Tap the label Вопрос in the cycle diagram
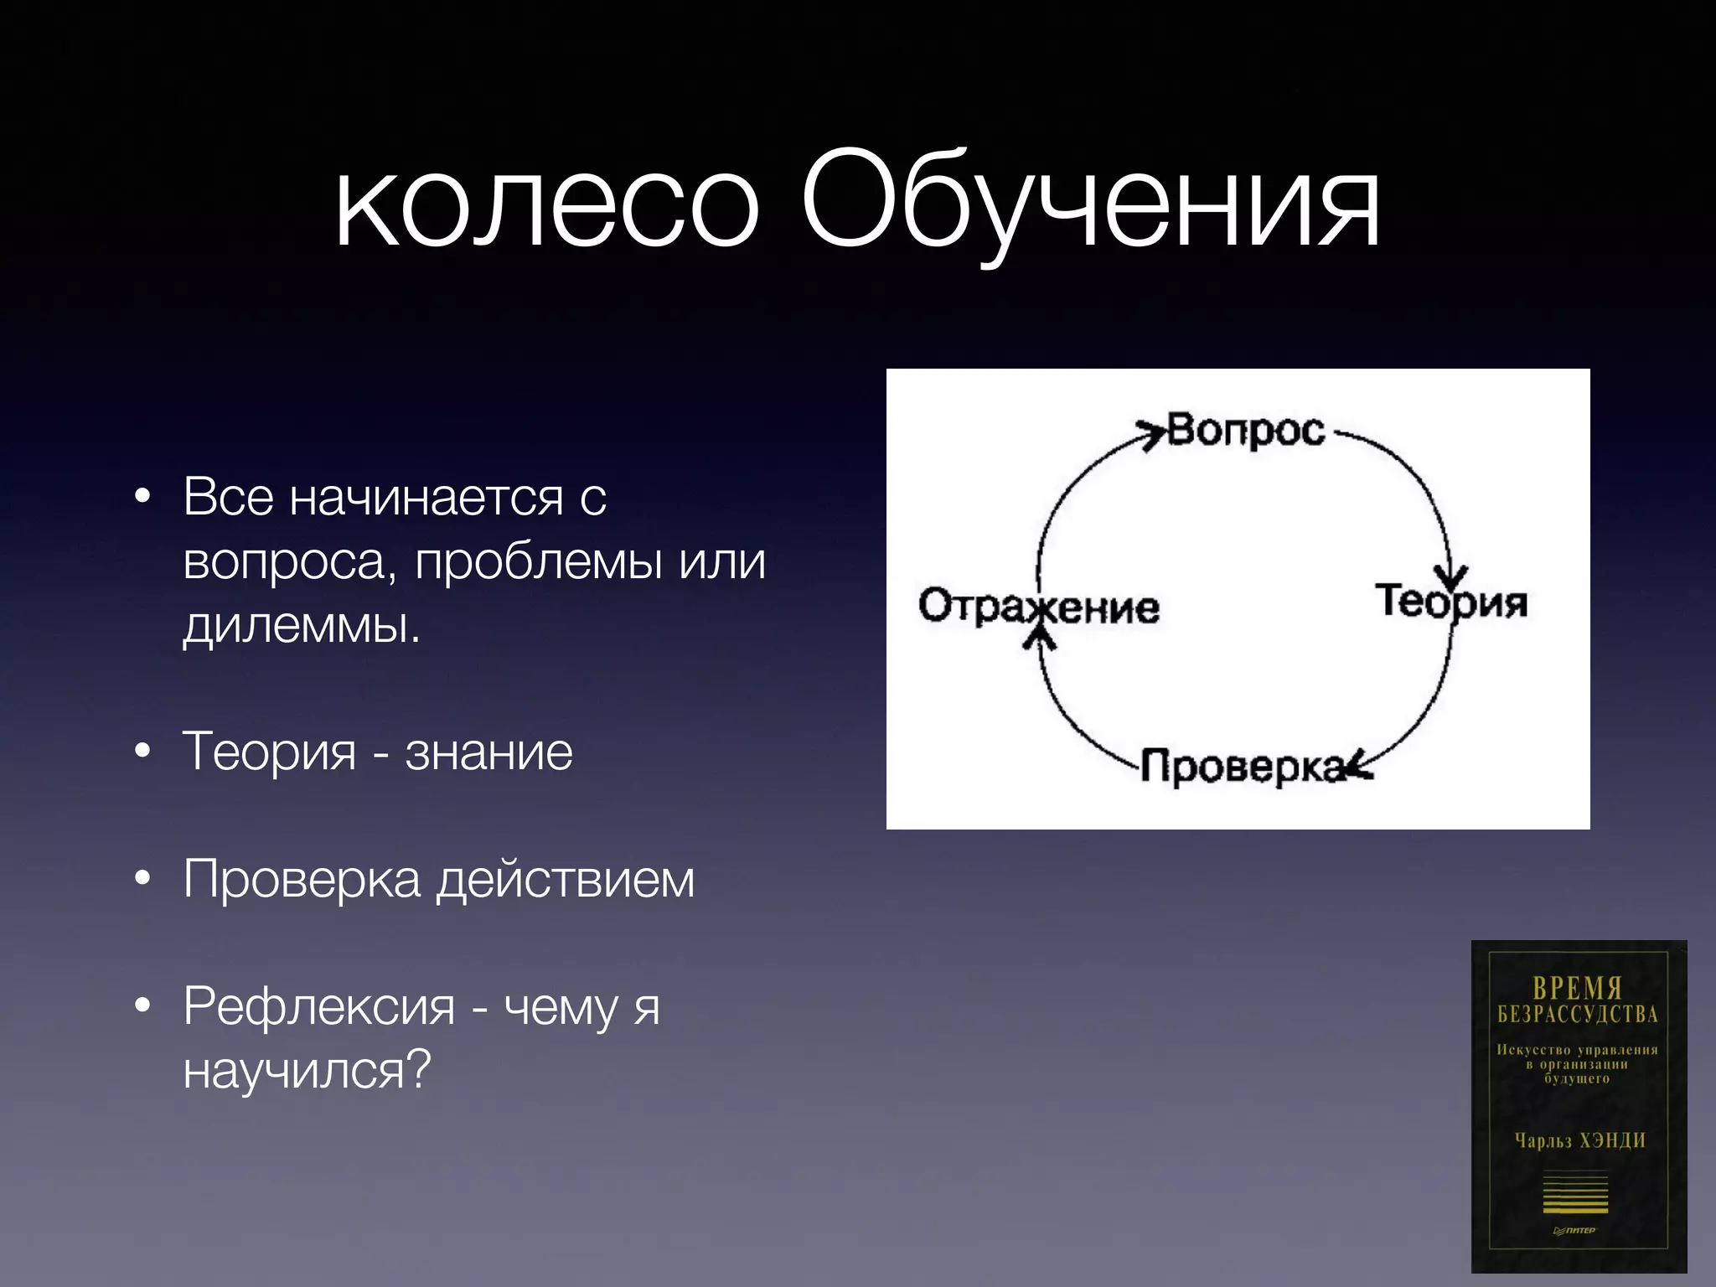(x=1246, y=431)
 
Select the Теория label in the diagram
(x=1452, y=602)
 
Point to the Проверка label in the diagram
(x=1243, y=767)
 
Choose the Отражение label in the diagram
(x=1039, y=606)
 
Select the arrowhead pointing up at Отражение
(x=1040, y=638)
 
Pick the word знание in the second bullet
(x=489, y=752)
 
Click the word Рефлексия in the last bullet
(x=318, y=1006)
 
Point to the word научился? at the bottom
(x=307, y=1070)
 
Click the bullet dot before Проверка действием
(x=143, y=880)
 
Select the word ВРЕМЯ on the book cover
(x=1578, y=989)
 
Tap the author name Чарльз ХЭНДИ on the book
(x=1579, y=1140)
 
